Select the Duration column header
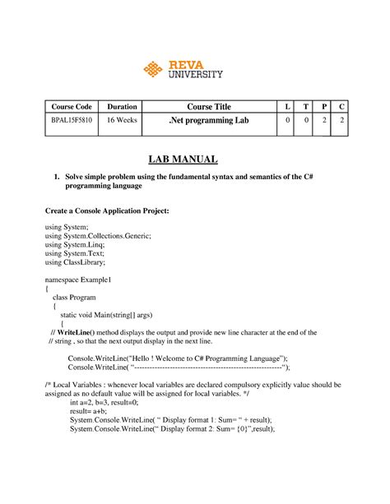click(x=122, y=107)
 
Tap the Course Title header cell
click(x=209, y=107)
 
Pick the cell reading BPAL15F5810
click(x=71, y=121)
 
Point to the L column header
click(x=287, y=107)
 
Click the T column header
click(x=305, y=107)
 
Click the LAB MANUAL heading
click(x=194, y=160)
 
